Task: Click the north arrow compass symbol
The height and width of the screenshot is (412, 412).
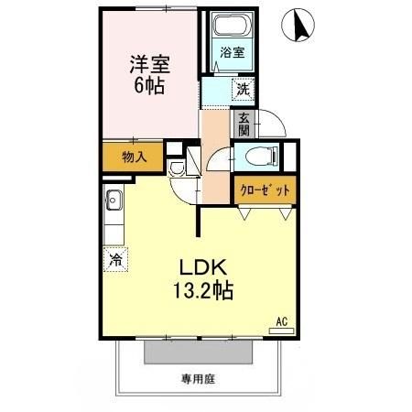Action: coord(299,24)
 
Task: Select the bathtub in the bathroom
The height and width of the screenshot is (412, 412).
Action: coord(232,29)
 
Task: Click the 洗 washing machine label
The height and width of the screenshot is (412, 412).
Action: coord(243,90)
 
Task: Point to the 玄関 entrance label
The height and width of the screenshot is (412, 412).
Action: coord(244,124)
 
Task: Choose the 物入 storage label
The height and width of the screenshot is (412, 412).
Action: coord(135,157)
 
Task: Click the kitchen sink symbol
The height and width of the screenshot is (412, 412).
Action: coord(114,201)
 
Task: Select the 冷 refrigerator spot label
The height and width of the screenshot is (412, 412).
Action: coord(116,258)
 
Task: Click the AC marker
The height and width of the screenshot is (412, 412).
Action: coord(284,321)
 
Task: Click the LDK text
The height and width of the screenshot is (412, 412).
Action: coord(202,269)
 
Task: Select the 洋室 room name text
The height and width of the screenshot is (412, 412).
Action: coord(150,65)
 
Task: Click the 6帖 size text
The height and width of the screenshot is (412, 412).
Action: coord(150,90)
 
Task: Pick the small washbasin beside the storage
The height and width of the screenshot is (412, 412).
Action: coord(178,168)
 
